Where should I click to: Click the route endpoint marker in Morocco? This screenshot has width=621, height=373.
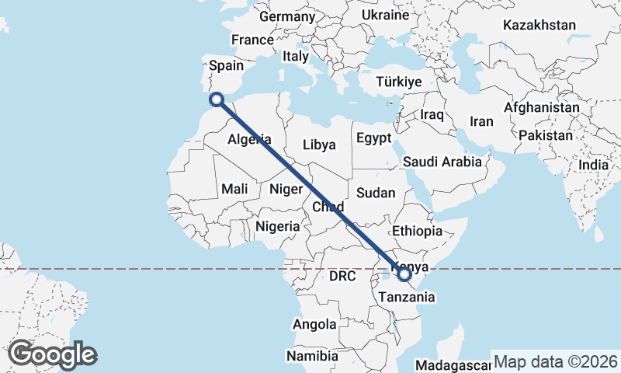click(x=217, y=99)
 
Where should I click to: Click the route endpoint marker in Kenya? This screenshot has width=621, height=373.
click(x=404, y=274)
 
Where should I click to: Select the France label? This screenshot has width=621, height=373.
click(x=252, y=40)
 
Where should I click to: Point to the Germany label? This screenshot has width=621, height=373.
click(x=286, y=16)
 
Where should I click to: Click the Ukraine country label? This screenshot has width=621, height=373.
click(x=385, y=15)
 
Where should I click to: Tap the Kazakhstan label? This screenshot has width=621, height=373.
click(x=539, y=25)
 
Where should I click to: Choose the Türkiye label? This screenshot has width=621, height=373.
click(x=398, y=82)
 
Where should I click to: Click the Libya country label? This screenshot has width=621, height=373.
click(x=319, y=145)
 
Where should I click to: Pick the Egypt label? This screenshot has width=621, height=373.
click(x=373, y=138)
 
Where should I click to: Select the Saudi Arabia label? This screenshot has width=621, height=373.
click(x=442, y=162)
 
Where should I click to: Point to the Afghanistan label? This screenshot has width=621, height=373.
click(x=542, y=107)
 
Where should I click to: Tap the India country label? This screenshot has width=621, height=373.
click(x=594, y=165)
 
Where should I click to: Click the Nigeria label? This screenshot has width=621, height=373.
click(x=277, y=226)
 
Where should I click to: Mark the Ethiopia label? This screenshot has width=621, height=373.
click(x=417, y=231)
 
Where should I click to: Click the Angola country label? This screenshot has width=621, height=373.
click(x=314, y=324)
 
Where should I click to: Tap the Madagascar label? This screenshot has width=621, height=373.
click(x=453, y=365)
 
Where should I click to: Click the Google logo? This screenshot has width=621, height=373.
click(x=52, y=355)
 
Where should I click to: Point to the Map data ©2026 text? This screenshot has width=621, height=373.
click(x=555, y=362)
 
